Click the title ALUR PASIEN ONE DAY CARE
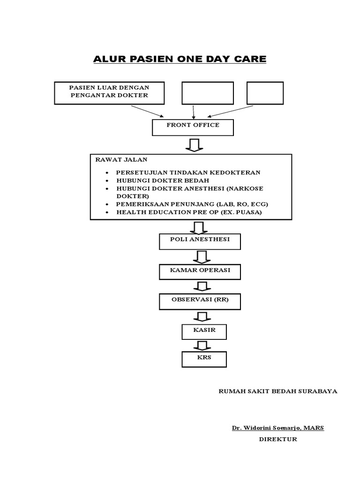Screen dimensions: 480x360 point(180,60)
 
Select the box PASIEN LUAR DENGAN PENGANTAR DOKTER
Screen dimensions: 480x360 point(109,92)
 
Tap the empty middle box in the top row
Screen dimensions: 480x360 point(208,92)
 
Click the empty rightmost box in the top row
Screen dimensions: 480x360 point(265,92)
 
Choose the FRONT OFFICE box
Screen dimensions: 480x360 point(193,127)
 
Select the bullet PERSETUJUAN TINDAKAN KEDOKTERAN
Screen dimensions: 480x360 point(188,172)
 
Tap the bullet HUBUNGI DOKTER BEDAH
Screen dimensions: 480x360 point(163,180)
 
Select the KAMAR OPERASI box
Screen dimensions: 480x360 point(200,271)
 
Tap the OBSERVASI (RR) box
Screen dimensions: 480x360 point(200,301)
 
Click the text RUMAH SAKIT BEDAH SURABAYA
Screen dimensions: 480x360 point(278,391)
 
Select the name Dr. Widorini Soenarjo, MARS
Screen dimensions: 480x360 point(277,428)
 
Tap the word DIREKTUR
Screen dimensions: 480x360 point(278,439)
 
